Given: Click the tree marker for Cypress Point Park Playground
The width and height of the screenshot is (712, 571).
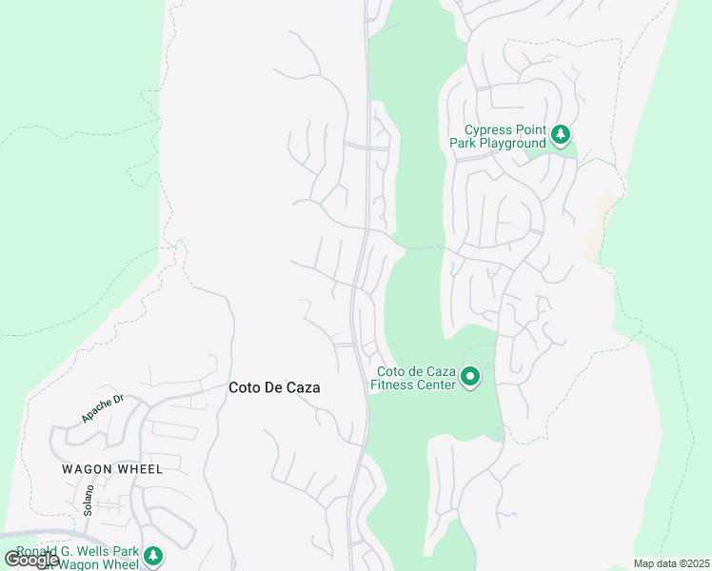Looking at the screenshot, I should point(562,135).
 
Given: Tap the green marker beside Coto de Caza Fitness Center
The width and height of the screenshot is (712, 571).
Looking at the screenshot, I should point(469,378).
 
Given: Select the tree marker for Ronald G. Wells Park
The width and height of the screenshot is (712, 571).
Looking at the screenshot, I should point(152,556).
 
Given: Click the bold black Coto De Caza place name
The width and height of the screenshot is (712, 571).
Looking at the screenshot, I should point(274,388).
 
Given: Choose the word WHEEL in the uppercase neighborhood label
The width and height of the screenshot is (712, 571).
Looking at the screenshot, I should point(139,469).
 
